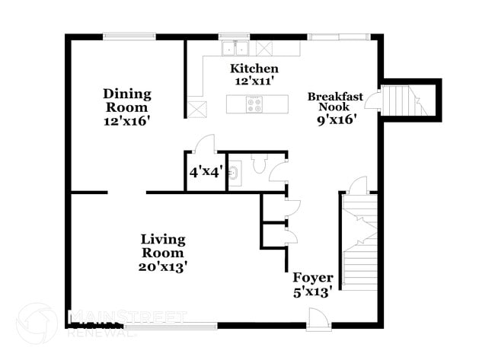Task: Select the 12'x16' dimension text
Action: pyautogui.click(x=128, y=120)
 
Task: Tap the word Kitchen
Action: pyautogui.click(x=249, y=68)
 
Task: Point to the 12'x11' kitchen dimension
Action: pyautogui.click(x=249, y=81)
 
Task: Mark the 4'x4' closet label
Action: pyautogui.click(x=205, y=172)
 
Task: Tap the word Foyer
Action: pyautogui.click(x=311, y=279)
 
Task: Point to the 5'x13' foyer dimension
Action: pyautogui.click(x=311, y=292)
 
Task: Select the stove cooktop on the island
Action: pyautogui.click(x=254, y=104)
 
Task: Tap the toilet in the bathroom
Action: pyautogui.click(x=259, y=163)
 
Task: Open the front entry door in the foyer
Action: pyautogui.click(x=318, y=319)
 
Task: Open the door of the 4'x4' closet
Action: pyautogui.click(x=204, y=144)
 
